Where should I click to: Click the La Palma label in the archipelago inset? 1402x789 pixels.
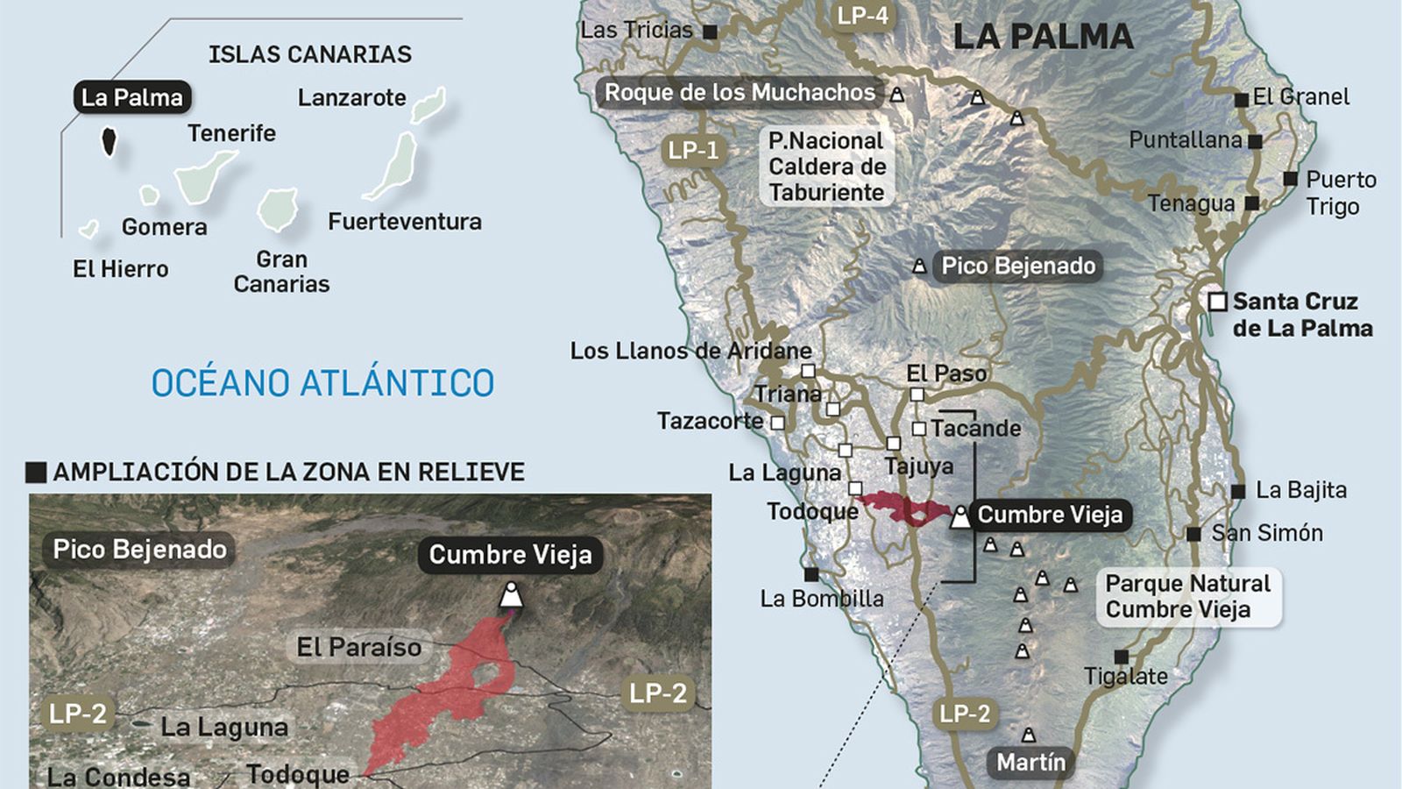[x=131, y=97]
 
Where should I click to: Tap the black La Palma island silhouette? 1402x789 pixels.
[x=110, y=140]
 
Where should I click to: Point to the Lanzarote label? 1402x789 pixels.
[x=351, y=97]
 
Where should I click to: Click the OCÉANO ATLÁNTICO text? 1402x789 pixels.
[x=322, y=383]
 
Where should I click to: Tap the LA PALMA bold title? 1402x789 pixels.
[x=1043, y=37]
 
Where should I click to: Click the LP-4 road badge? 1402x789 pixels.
[x=862, y=16]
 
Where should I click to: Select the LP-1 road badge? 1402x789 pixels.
[x=693, y=150]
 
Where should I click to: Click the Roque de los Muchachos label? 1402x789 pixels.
[x=740, y=92]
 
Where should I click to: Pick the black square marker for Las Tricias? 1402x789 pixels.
[x=711, y=32]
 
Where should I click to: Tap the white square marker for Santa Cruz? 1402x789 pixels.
[x=1217, y=302]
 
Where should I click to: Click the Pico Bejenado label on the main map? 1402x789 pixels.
[x=1017, y=266]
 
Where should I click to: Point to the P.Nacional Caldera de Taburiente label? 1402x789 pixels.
[x=826, y=167]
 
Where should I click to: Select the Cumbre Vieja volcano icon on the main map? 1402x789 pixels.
[x=960, y=516]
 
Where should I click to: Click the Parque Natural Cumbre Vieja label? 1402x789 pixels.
[x=1187, y=596]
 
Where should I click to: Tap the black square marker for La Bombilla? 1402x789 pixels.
[x=811, y=575]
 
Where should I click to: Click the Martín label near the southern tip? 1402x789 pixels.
[x=1030, y=762]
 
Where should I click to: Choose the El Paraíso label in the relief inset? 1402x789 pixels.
[x=359, y=647]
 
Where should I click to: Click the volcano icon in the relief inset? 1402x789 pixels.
[x=511, y=595]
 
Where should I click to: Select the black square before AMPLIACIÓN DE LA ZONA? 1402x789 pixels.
[x=36, y=473]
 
